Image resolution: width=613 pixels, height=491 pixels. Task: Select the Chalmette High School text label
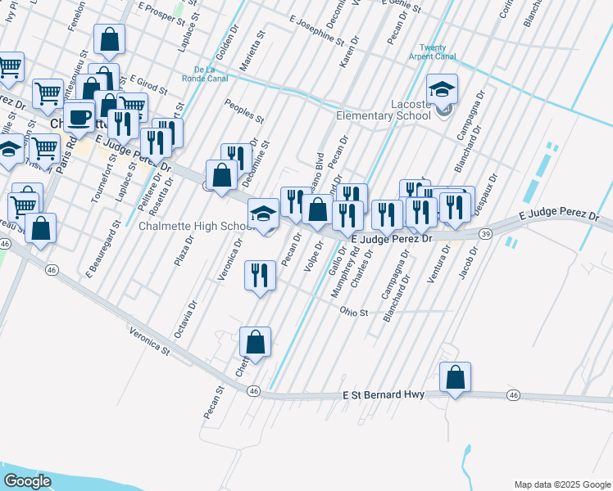(x=194, y=226)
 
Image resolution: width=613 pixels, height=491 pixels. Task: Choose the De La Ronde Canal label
(x=211, y=74)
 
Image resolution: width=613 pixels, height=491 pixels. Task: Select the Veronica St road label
(x=148, y=341)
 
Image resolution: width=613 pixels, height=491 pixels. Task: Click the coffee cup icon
(x=79, y=117)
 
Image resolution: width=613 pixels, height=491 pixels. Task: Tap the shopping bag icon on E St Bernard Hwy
(x=455, y=379)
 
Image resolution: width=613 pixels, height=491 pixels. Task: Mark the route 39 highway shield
(x=486, y=235)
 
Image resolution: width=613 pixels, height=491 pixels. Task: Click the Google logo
(x=26, y=480)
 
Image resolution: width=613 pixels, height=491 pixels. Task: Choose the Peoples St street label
(x=244, y=111)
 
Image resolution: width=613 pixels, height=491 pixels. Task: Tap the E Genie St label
(x=401, y=7)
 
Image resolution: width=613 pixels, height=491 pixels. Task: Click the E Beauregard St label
(x=102, y=245)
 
